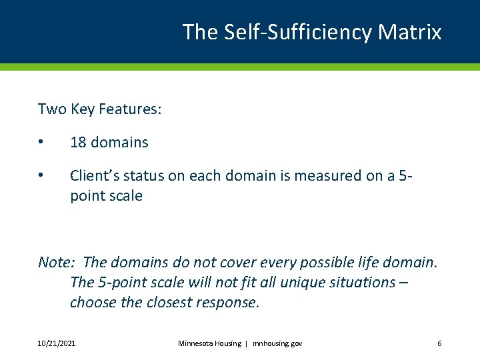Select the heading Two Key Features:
99,109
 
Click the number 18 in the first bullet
78,142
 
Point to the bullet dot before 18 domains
41,142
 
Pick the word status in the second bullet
144,176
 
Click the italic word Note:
58,262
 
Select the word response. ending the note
227,302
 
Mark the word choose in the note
93,302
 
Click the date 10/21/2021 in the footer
57,343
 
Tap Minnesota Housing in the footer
209,343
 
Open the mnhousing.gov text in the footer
277,343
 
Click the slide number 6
439,343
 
